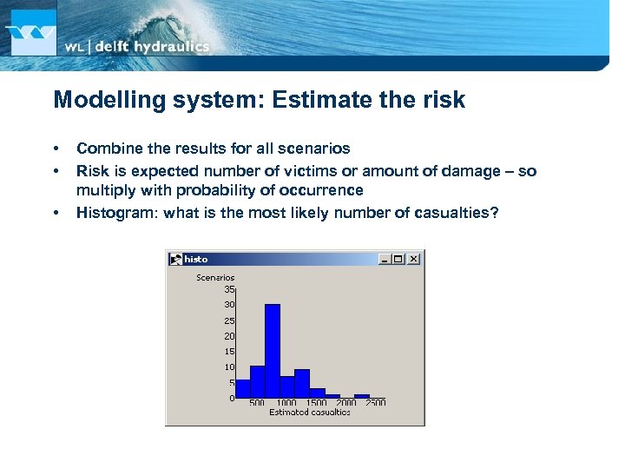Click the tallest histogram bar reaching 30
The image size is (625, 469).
tap(273, 351)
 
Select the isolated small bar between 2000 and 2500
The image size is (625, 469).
tap(362, 396)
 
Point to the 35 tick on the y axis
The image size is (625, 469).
tap(229, 289)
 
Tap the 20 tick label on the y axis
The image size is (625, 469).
tap(229, 336)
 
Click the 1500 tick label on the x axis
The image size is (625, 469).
tap(317, 403)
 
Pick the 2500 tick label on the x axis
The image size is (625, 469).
tap(375, 403)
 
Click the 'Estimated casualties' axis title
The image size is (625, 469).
tap(310, 413)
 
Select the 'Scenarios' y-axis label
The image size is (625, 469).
tap(215, 278)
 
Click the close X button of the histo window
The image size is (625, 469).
tap(414, 259)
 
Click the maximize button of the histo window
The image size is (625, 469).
tap(399, 259)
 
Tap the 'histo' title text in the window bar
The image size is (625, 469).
tap(196, 259)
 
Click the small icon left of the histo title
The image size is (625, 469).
tap(175, 259)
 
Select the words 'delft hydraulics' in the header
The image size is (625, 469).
tap(151, 47)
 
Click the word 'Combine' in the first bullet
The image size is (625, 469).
tap(105, 149)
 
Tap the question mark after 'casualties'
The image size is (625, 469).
tap(495, 213)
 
